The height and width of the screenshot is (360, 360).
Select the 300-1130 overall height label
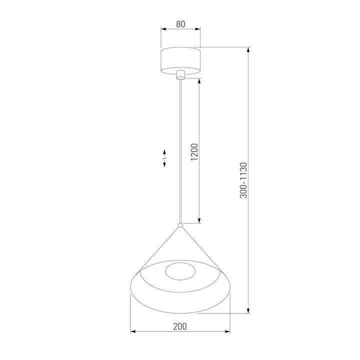pyautogui.click(x=243, y=180)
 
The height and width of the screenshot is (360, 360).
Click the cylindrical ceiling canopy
pyautogui.click(x=180, y=59)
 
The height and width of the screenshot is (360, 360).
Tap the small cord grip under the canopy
pyautogui.click(x=180, y=75)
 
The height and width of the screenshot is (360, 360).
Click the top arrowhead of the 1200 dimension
pyautogui.click(x=199, y=81)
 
